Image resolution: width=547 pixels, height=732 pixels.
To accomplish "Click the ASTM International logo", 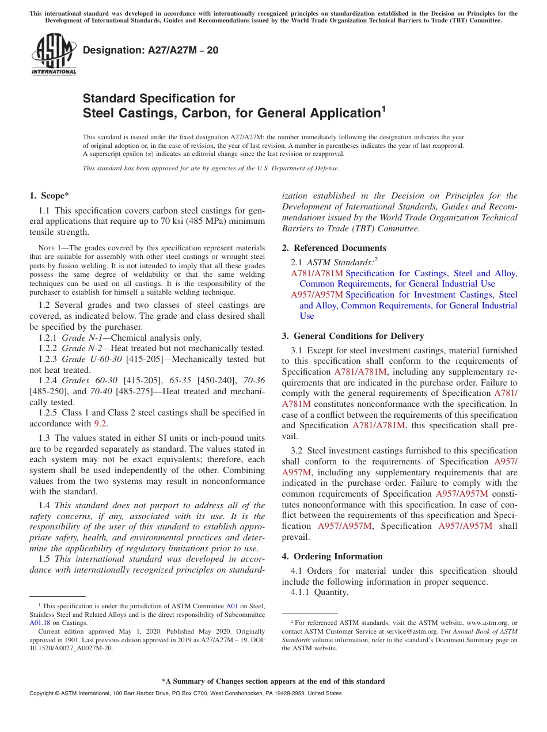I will [x=54, y=54].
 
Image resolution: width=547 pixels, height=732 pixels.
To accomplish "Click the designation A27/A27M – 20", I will [x=151, y=50].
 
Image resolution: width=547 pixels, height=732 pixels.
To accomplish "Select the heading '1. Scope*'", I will [x=50, y=196].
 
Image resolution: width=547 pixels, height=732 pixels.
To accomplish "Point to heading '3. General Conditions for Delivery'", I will [x=353, y=336].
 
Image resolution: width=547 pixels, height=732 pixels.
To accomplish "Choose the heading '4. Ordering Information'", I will [x=332, y=556].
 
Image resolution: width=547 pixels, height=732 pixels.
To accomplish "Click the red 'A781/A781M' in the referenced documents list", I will [x=317, y=273].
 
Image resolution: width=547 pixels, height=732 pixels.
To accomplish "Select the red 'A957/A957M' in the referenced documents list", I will [x=317, y=295].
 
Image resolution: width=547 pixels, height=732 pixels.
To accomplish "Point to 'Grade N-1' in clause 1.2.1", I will [x=82, y=338].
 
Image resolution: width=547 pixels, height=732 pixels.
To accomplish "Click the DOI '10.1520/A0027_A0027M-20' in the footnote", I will [x=71, y=647].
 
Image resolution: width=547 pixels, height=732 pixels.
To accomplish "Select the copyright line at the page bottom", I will [x=185, y=693].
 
